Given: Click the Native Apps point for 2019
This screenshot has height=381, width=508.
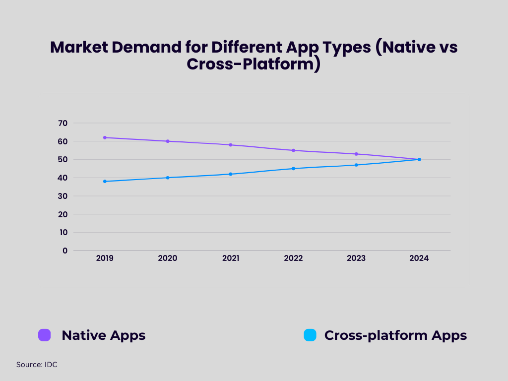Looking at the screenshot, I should (x=105, y=137).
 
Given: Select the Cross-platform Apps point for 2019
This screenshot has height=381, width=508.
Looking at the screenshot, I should (x=105, y=181).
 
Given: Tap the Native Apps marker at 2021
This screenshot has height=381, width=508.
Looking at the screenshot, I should (x=231, y=145).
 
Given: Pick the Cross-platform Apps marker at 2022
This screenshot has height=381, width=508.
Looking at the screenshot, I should (x=293, y=169).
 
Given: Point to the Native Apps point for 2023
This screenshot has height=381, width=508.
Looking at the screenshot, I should (x=356, y=154).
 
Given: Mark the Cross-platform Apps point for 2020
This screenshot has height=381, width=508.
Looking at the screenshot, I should (x=168, y=178).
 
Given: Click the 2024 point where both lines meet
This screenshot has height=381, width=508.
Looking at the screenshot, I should (x=419, y=159).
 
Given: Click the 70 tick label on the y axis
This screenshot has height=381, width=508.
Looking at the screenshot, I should (x=63, y=123).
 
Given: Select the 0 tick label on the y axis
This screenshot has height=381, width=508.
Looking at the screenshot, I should (x=65, y=251).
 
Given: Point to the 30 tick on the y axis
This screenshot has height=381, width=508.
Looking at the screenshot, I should (x=63, y=196).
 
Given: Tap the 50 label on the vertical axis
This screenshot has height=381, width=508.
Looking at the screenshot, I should (x=63, y=159).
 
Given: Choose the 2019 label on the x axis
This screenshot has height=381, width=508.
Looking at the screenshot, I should (x=105, y=258).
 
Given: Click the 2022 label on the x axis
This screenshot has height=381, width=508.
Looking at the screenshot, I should (x=293, y=258).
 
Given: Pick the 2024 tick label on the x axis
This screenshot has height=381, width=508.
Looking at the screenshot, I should (x=419, y=258).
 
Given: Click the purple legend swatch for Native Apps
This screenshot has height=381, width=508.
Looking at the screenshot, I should (x=45, y=335).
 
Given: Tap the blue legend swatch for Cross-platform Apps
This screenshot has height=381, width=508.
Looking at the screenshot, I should (x=310, y=335).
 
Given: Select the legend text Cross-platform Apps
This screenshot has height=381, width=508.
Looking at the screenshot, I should (x=395, y=335).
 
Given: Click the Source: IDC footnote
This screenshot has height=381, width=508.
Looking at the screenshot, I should (x=37, y=365).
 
